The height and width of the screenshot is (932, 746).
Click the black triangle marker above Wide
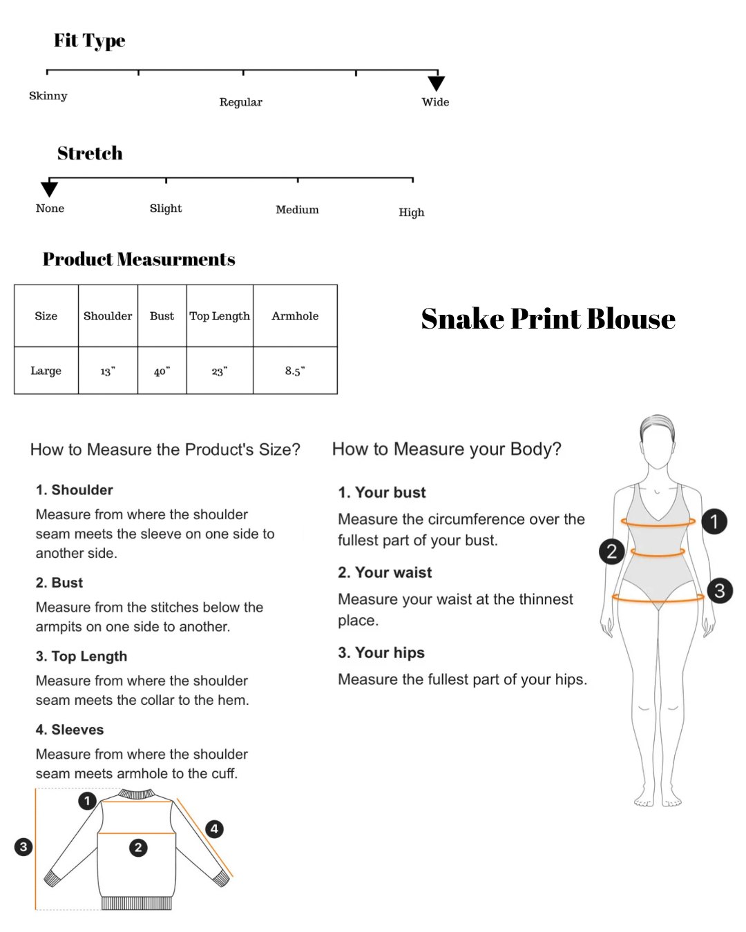[436, 83]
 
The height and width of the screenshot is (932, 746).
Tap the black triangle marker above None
[50, 189]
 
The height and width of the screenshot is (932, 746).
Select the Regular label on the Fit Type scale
[240, 102]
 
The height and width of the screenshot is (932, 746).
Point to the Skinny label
[48, 96]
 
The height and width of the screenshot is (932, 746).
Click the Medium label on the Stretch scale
[297, 210]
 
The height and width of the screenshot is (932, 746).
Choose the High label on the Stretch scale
[412, 212]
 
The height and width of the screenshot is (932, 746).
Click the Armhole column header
[295, 315]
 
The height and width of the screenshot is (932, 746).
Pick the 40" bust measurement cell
[162, 371]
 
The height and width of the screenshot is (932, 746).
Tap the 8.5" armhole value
[295, 370]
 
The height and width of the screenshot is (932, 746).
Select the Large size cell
[46, 371]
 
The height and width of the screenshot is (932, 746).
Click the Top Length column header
[220, 316]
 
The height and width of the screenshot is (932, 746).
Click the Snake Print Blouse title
[548, 319]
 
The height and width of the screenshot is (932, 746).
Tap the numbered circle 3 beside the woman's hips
[720, 590]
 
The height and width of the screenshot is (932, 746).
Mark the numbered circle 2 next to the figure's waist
[611, 552]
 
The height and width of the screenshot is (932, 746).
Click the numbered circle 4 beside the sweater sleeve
[214, 829]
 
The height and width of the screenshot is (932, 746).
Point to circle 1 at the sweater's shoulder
[87, 800]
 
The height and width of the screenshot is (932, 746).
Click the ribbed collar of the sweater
[137, 794]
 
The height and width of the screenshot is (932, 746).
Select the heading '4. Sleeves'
[70, 729]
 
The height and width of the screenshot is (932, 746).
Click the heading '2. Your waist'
[385, 572]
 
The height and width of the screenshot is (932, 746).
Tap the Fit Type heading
[90, 41]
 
